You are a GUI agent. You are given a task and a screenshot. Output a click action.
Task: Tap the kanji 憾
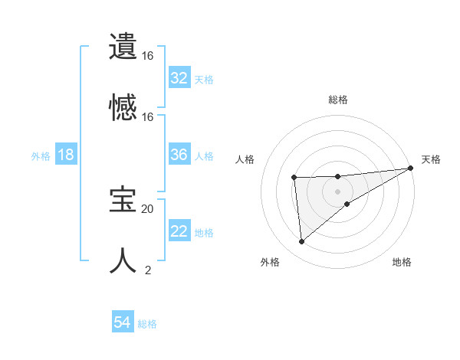click(x=123, y=106)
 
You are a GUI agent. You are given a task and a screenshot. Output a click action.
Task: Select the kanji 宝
click(x=123, y=200)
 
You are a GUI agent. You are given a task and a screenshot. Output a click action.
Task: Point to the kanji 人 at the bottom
click(x=123, y=260)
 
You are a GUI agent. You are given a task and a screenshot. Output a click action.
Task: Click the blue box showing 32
click(x=179, y=78)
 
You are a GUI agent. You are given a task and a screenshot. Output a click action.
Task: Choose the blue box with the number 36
click(x=179, y=155)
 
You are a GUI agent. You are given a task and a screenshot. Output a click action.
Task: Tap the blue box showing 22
click(x=179, y=231)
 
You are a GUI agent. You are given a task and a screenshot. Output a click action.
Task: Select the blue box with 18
click(x=66, y=155)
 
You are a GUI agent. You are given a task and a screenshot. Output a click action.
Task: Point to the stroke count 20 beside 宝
click(x=147, y=208)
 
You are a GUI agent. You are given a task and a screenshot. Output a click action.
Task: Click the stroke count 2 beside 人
click(x=147, y=270)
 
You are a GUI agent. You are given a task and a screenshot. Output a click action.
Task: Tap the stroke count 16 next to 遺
click(x=147, y=56)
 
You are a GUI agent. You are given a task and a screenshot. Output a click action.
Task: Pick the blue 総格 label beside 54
click(x=147, y=324)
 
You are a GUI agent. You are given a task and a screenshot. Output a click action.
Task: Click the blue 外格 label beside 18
click(x=41, y=155)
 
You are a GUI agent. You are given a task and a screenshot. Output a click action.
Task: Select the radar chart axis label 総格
click(x=338, y=100)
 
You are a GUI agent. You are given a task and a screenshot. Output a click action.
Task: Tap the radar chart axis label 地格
click(x=402, y=262)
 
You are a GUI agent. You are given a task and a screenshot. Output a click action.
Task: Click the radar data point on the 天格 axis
click(x=411, y=169)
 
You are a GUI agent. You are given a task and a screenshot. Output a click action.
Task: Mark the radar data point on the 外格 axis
click(x=302, y=241)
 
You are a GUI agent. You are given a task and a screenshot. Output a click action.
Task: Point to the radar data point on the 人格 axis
click(x=294, y=178)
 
